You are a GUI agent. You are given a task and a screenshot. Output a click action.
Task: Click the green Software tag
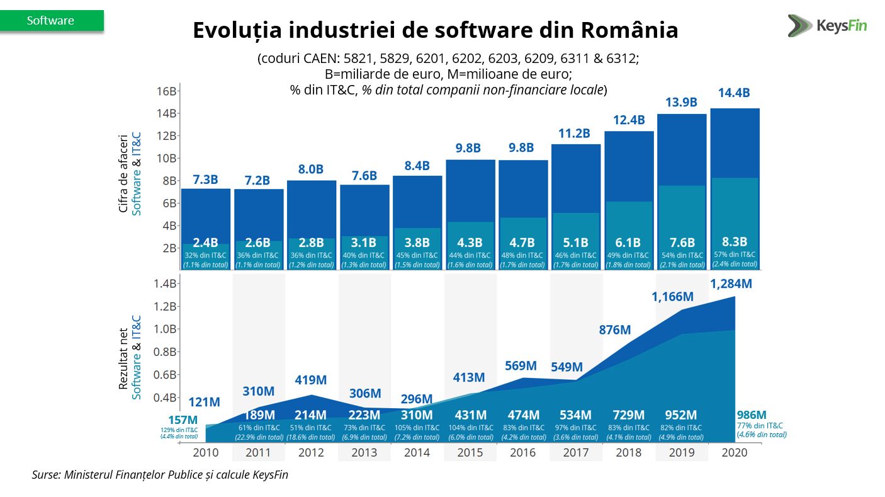tap(51, 21)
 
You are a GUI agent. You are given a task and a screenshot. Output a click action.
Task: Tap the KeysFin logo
tap(827, 26)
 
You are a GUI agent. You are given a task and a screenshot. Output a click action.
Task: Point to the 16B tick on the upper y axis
tap(166, 91)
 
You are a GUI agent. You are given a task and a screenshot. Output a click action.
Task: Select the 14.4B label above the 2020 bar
tap(734, 93)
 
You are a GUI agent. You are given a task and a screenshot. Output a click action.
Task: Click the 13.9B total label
tap(681, 102)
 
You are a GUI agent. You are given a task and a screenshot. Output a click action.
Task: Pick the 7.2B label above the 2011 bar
tap(258, 180)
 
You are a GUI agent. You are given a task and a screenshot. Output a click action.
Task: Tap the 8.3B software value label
tap(735, 241)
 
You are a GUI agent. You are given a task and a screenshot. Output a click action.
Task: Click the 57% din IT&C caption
tap(735, 254)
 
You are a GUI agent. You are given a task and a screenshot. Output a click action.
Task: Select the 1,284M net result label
tap(731, 284)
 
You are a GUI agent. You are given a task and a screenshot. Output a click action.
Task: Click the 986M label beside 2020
tap(752, 415)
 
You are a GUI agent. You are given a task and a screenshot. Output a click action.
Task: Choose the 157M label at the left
tap(183, 420)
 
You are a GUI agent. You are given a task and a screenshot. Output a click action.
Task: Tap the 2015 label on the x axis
tap(470, 453)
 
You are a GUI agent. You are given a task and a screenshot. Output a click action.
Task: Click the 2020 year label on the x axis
tap(734, 453)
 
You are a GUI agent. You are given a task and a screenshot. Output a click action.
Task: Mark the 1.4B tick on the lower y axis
tap(166, 283)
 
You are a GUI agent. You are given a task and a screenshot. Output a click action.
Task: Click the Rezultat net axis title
tap(124, 358)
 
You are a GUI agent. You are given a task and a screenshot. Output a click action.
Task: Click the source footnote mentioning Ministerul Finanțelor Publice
tap(160, 475)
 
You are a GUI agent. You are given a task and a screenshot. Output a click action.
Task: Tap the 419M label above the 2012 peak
tap(310, 380)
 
